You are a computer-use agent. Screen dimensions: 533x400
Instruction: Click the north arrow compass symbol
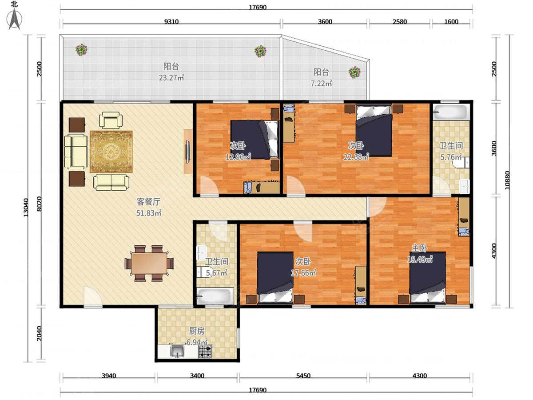pos(14,19)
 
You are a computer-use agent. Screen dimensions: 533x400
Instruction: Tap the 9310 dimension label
pos(171,22)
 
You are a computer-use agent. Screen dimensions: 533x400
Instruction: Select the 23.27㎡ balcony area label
pos(171,78)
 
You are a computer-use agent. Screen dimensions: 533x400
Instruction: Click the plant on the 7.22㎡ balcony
pos(354,72)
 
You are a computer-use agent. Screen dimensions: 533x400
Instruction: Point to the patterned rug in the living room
pos(111,152)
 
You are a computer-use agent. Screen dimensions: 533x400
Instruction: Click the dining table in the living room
pos(149,263)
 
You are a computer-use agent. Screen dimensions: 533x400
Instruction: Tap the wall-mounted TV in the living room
pos(188,152)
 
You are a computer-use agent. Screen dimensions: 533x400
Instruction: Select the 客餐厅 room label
pos(149,202)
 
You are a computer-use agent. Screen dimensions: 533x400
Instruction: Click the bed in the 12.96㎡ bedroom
pos(254,140)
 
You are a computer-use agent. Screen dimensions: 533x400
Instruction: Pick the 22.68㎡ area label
pos(356,157)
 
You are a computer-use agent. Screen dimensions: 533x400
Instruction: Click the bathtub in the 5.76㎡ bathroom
pos(451,112)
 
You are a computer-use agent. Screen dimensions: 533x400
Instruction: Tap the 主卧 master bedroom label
pos(420,248)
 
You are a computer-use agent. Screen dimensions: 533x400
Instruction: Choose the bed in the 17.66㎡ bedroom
pos(275,277)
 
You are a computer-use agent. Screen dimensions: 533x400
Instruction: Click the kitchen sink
pos(177,351)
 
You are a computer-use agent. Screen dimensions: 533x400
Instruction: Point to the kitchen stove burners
pos(205,351)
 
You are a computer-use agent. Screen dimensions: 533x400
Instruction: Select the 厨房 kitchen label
pos(197,331)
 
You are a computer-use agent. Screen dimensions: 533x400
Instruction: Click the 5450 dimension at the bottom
pos(303,376)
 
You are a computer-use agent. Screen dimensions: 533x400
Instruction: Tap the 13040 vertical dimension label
pos(26,208)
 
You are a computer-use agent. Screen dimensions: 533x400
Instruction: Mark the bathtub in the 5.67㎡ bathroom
pos(215,296)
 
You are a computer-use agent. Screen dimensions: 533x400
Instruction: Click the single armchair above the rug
pos(111,120)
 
